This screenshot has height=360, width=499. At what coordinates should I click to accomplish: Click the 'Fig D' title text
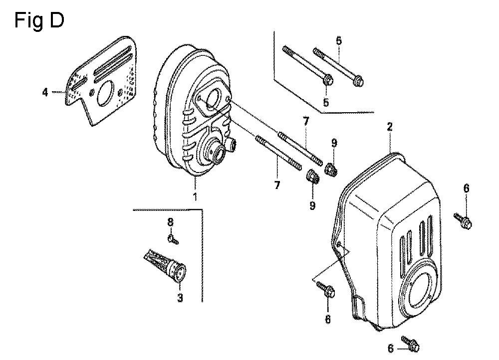[39, 20]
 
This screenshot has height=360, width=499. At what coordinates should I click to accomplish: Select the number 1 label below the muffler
[195, 196]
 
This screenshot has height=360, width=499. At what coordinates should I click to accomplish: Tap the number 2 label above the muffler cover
[390, 127]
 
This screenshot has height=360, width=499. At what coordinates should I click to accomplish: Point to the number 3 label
[180, 298]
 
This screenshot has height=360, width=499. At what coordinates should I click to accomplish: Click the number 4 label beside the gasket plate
[45, 93]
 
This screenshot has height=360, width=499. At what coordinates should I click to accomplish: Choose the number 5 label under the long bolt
[326, 103]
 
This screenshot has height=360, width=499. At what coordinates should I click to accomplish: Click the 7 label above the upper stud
[305, 121]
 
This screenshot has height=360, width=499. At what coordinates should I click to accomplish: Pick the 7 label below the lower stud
[277, 185]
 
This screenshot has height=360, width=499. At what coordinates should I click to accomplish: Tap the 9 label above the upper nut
[334, 143]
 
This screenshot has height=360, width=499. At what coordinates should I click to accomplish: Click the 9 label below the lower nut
[312, 205]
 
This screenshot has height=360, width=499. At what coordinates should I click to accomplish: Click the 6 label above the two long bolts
[339, 41]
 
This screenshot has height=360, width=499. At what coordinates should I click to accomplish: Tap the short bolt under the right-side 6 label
[463, 220]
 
